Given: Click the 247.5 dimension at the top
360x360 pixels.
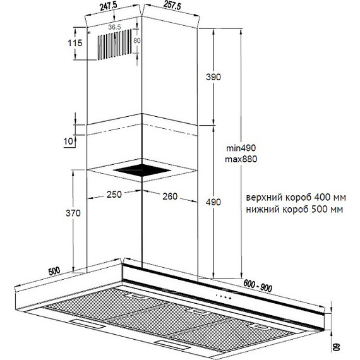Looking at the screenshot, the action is coord(109,6).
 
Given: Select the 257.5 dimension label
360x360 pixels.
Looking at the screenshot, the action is coord(172,5).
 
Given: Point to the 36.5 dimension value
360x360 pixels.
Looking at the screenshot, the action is coord(114,27).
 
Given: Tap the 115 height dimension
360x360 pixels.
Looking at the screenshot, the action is coord(75,43).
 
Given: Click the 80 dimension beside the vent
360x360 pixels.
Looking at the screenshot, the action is coord(137,40).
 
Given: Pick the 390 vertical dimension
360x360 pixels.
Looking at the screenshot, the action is coord(213,77).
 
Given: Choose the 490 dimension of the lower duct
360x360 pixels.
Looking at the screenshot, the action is coord(213,202).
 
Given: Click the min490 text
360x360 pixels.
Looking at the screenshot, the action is coord(241,148).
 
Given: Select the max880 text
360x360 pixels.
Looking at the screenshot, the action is coord(241,159).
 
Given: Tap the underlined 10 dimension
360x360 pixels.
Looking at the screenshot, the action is coord(68,141).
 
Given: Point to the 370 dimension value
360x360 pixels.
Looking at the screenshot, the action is coord(73,213).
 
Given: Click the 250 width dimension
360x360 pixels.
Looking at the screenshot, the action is coord(114,195).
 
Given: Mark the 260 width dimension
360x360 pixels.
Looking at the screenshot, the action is coord(170,196).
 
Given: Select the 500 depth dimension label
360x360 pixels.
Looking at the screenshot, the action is coord(54,271).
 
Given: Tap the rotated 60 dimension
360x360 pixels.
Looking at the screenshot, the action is coord(337,347).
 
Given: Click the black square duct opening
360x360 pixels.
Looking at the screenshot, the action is coord(142,171).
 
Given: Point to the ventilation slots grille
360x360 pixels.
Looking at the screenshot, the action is coord(115,44).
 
